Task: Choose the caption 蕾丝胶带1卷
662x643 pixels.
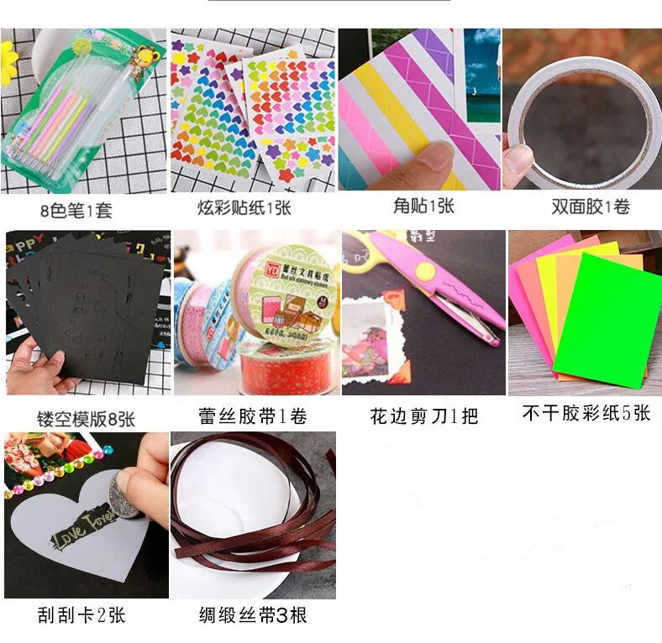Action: click(x=253, y=416)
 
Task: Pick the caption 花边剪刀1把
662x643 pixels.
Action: click(x=423, y=416)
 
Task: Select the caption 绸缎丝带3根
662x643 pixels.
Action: click(x=253, y=615)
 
